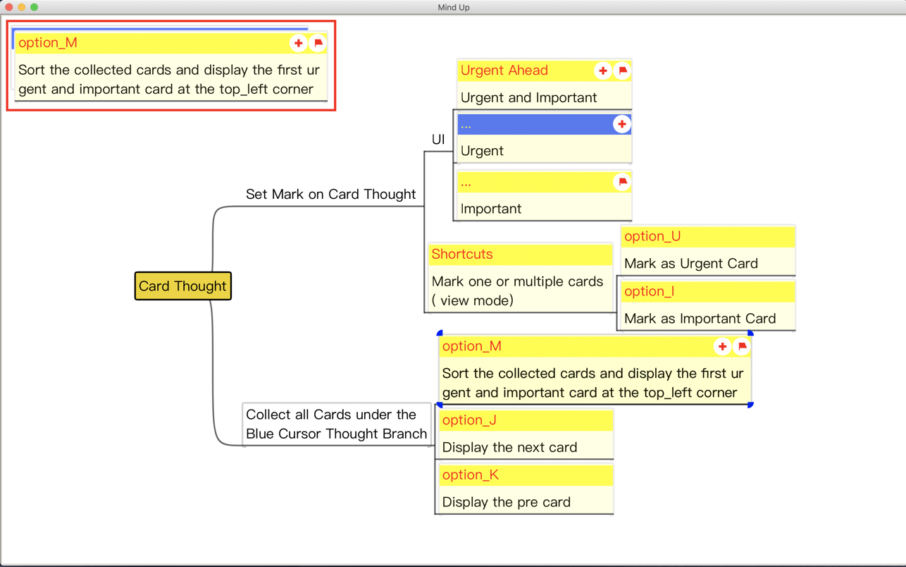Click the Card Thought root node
pos(182,286)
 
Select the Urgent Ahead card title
pos(504,71)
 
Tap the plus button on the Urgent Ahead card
pos(602,71)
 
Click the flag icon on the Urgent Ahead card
pos(622,71)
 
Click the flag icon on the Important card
pos(622,182)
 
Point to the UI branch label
pos(438,140)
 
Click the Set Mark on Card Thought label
pos(330,194)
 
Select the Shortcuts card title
pos(462,254)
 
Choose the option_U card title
pos(652,236)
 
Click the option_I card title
pos(649,291)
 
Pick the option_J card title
pos(469,420)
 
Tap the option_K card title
pos(470,475)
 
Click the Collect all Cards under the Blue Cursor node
pos(336,424)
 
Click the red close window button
pos(9,7)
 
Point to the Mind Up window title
pos(453,7)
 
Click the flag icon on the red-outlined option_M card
pos(318,43)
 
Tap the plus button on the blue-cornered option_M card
pos(722,346)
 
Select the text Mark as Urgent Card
pos(690,264)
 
